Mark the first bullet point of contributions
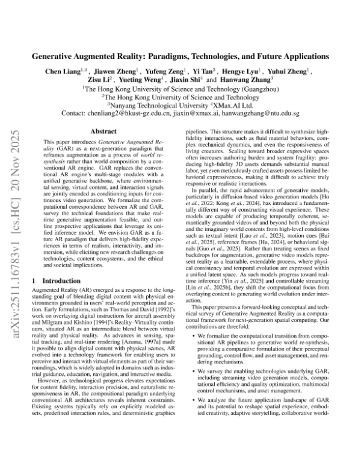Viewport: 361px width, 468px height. pos(191,346)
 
